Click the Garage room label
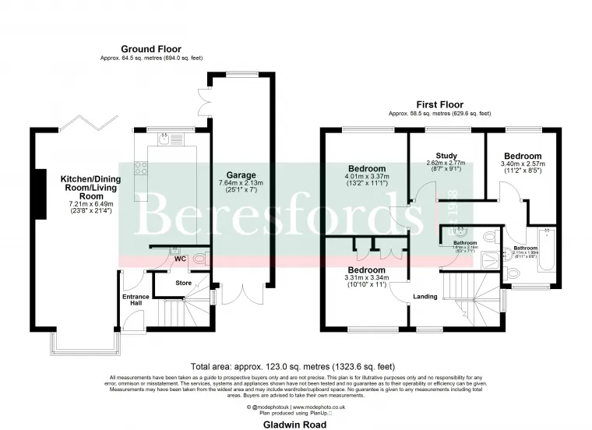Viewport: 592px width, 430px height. click(241, 175)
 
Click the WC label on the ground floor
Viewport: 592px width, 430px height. click(180, 259)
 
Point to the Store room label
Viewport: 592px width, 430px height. click(183, 282)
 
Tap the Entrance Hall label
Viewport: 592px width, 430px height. click(136, 301)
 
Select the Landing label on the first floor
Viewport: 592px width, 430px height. click(425, 295)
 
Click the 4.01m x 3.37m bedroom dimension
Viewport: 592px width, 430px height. click(367, 178)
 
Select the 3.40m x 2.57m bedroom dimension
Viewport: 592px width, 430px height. click(523, 164)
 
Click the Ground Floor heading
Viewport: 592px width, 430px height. click(146, 48)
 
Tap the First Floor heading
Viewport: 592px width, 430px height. click(439, 104)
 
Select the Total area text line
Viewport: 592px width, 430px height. click(294, 366)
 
